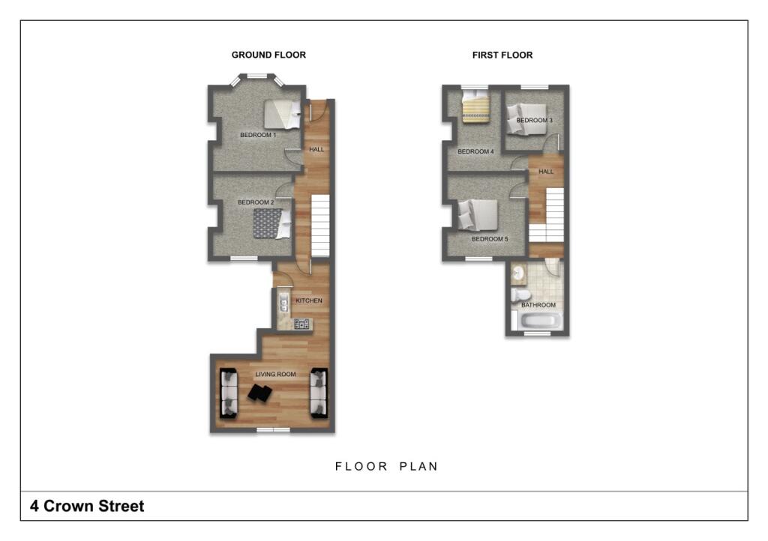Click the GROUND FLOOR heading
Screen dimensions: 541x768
point(268,55)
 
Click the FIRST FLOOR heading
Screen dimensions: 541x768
point(502,55)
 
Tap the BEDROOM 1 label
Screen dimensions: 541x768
point(258,135)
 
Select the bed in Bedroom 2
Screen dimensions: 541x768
point(271,223)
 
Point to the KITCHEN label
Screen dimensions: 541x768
point(309,300)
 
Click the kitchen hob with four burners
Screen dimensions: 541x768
point(302,324)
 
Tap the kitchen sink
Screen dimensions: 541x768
point(283,302)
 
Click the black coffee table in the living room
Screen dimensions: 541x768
point(261,393)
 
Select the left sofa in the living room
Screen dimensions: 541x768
point(228,393)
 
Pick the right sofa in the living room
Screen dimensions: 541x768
point(319,393)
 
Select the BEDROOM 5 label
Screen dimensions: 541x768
point(490,239)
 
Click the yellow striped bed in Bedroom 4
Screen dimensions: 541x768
point(475,106)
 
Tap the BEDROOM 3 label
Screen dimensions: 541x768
point(534,120)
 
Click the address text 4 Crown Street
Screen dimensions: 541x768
point(87,507)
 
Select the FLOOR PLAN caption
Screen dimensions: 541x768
point(386,466)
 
